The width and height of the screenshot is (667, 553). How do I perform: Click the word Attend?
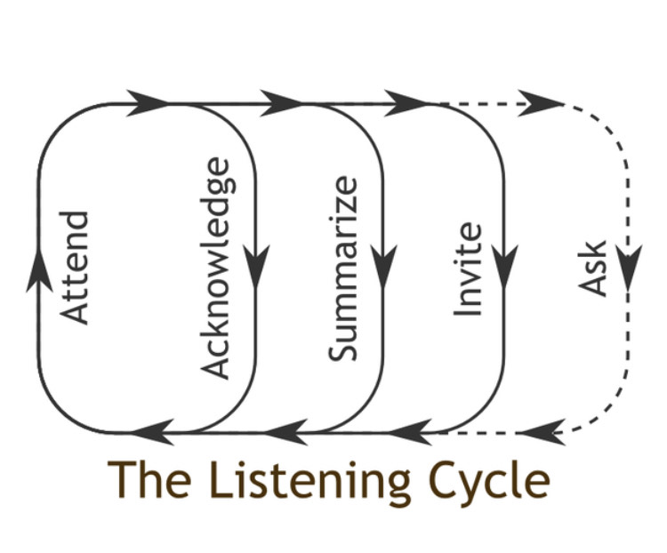coord(78,267)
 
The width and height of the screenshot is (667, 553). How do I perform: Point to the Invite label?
coord(468,269)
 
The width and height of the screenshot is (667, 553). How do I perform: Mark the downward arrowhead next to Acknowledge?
coord(257,266)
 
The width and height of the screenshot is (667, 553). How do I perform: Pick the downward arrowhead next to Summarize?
coord(384,266)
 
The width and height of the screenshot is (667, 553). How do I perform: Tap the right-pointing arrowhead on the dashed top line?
coord(539,104)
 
